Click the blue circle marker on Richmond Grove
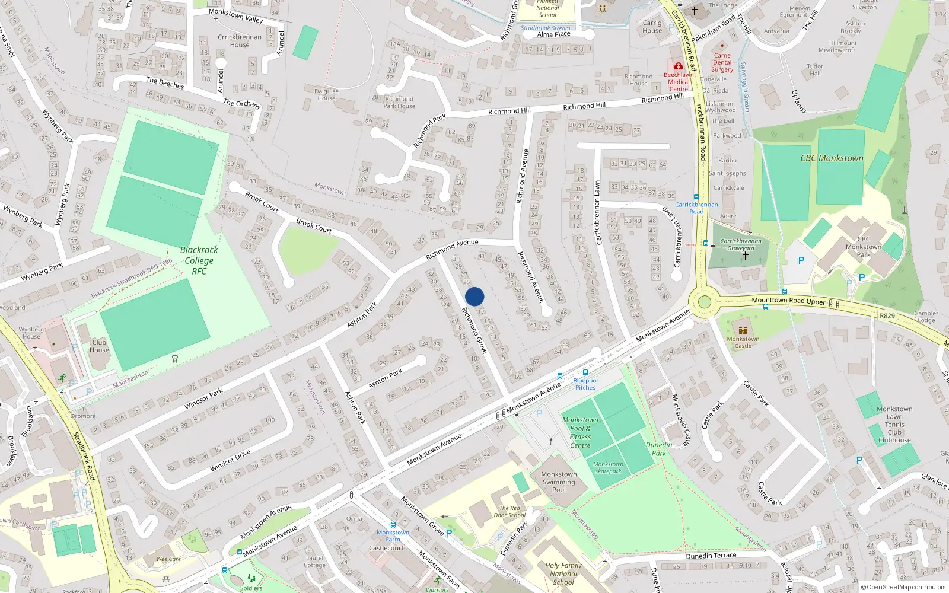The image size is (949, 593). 474,296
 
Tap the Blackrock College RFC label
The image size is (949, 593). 199,260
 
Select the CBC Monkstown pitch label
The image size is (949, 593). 832,158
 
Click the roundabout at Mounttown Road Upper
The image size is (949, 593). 704,302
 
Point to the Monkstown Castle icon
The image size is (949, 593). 743,330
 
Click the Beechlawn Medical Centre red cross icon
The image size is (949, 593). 679,66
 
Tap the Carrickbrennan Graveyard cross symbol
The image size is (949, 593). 745,256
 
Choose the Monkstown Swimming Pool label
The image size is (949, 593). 559,482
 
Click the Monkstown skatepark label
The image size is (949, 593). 608,468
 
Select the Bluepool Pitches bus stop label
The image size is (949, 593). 585,384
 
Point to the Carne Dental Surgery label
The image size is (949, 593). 722,62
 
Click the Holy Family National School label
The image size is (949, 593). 563,573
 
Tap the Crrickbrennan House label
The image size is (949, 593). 240,40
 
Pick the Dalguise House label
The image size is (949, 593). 326,94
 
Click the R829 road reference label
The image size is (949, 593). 887,315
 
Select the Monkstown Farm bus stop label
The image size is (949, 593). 393,536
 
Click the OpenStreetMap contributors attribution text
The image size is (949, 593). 903,587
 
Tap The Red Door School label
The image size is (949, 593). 509,511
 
